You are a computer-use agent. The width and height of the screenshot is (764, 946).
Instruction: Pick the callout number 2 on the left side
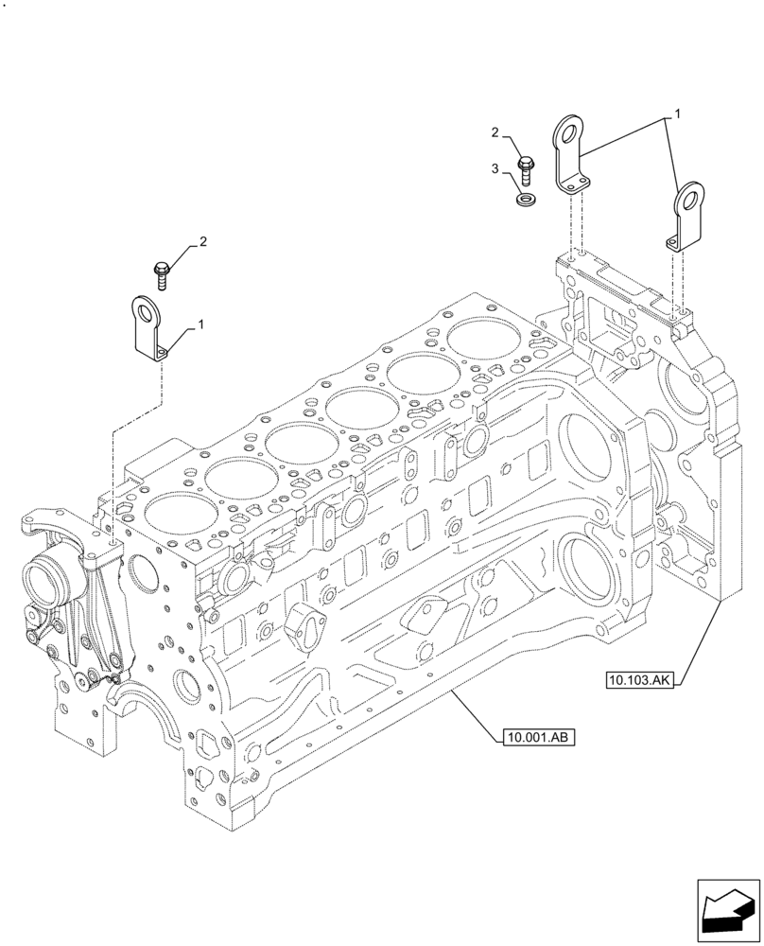pos(200,243)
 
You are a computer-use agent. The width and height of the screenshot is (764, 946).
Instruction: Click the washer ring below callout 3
pos(524,201)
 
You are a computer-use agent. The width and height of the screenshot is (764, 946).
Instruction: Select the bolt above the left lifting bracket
pos(161,275)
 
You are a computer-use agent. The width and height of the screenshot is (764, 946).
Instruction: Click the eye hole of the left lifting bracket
pos(146,310)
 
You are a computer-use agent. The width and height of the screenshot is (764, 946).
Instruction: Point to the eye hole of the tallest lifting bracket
pos(567,131)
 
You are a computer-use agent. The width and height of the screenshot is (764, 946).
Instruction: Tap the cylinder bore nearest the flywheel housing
pos(488,338)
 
